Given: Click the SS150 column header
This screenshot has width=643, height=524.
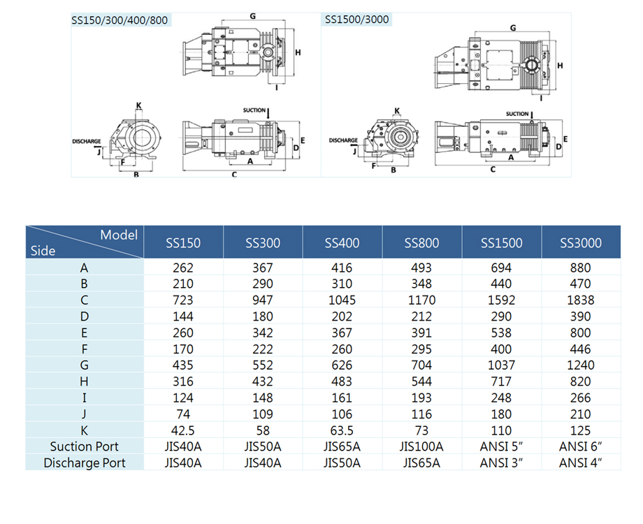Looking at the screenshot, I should click(x=183, y=243).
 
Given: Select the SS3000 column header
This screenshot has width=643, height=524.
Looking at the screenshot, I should click(x=581, y=243).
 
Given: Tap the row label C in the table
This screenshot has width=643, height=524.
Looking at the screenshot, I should click(x=85, y=300).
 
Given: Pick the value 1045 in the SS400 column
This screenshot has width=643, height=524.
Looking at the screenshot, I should click(x=342, y=300).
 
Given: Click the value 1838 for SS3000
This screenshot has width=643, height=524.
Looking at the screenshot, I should click(x=581, y=300).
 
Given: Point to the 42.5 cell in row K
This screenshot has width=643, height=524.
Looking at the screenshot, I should click(x=183, y=430).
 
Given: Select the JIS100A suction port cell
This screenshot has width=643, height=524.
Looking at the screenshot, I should click(x=421, y=446).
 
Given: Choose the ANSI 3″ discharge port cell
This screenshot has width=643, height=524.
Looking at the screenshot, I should click(x=501, y=463).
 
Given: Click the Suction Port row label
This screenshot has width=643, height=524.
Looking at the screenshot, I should click(x=85, y=446).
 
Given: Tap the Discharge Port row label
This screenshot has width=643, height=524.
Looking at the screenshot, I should click(x=85, y=463).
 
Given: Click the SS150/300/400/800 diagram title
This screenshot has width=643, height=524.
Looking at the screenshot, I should click(x=120, y=20).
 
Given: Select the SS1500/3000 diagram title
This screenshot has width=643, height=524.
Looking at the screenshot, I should click(x=356, y=20).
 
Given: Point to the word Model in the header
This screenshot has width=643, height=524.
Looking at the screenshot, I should click(x=119, y=235).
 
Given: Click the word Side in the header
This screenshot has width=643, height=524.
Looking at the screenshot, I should click(x=43, y=250).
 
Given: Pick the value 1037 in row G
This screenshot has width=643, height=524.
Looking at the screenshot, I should click(x=501, y=365).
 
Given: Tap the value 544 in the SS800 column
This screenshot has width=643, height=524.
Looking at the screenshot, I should click(x=421, y=381).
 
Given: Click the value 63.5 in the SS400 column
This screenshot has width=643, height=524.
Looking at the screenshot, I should click(x=342, y=430).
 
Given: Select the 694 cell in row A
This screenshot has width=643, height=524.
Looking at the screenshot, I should click(x=501, y=268).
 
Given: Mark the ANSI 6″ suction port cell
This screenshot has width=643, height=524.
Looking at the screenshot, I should click(x=581, y=446).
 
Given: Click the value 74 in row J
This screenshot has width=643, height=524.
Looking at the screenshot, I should click(x=183, y=414).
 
